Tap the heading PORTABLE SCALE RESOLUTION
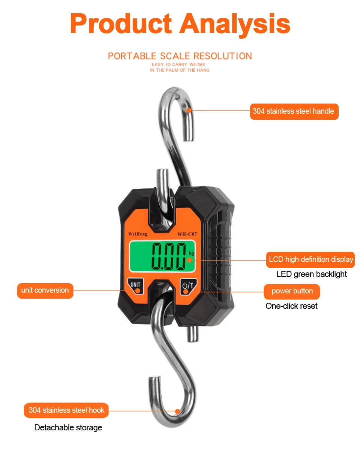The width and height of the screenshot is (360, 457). click(x=180, y=56)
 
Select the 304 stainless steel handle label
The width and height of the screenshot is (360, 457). click(x=294, y=111)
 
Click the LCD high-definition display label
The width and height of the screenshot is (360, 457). click(x=310, y=260)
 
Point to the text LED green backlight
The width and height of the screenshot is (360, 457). click(x=311, y=274)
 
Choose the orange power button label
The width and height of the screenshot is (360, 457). click(x=292, y=292)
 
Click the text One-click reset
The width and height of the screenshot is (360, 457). click(x=291, y=306)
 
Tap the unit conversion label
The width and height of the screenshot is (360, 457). click(x=45, y=290)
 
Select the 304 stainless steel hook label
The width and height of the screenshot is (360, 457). click(x=66, y=410)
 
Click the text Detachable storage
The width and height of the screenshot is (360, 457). click(x=68, y=428)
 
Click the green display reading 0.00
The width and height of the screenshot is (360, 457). click(x=168, y=257)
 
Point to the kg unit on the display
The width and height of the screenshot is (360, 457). click(x=192, y=253)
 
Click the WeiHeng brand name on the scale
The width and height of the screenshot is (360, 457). click(x=138, y=234)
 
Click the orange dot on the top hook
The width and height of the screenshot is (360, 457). click(x=189, y=110)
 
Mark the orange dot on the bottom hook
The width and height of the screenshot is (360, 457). click(x=178, y=411)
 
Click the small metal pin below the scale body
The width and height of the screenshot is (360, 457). click(x=191, y=334)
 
